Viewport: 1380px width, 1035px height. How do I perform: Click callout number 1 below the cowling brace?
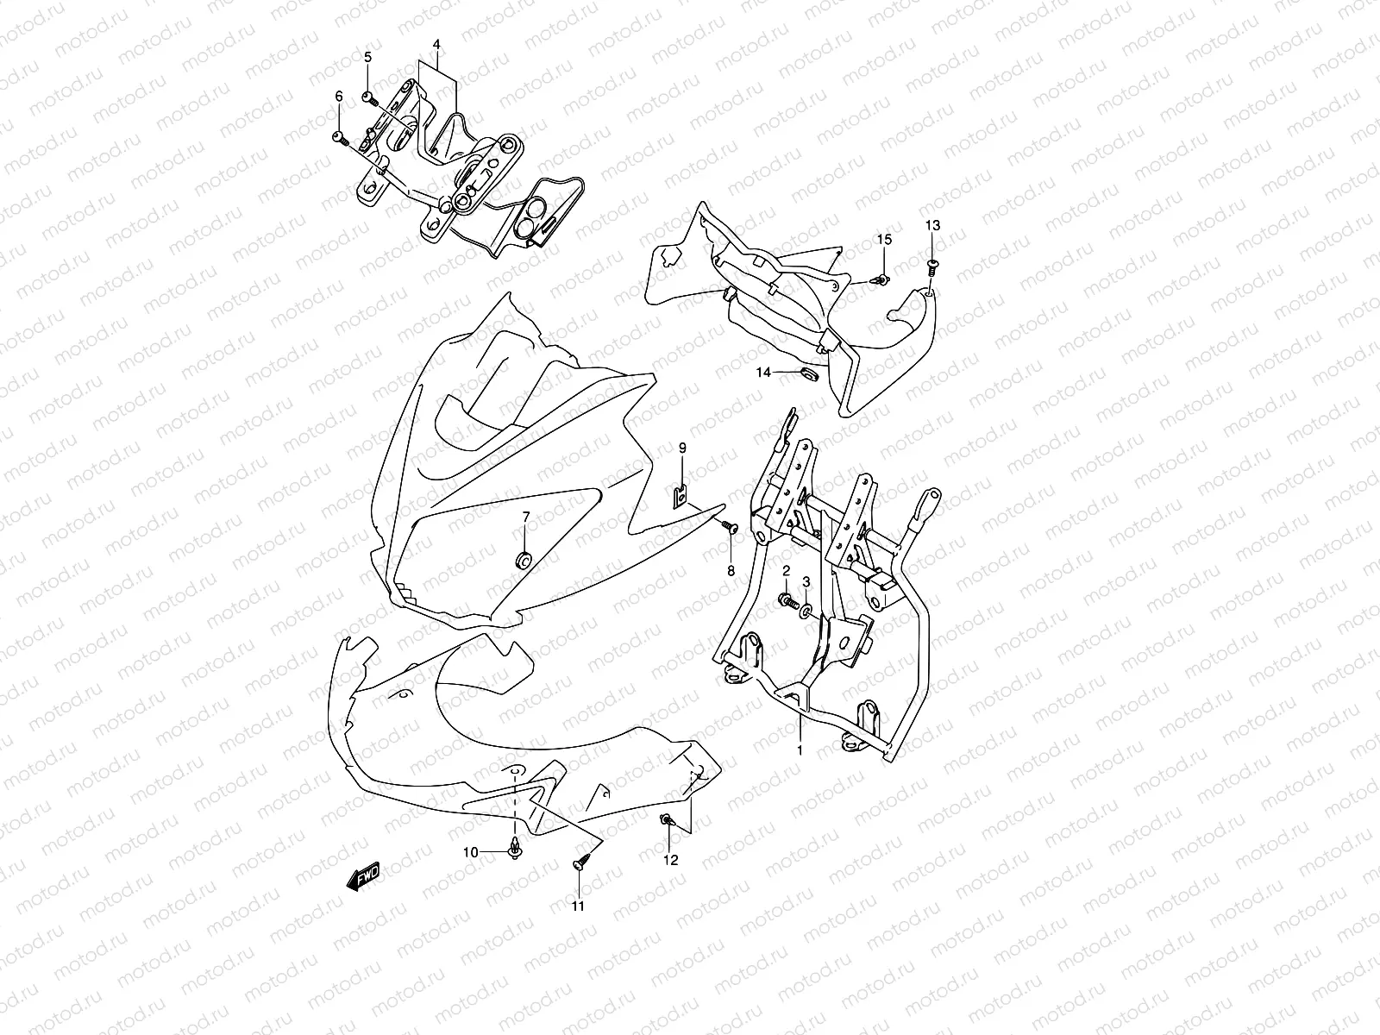coord(800,750)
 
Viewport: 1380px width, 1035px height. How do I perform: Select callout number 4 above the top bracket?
coord(436,44)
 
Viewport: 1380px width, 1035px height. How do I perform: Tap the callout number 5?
coord(367,57)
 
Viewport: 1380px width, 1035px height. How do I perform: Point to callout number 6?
coord(339,96)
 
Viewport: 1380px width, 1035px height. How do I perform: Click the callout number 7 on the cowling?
coord(525,517)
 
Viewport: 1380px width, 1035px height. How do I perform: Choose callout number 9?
coord(681,448)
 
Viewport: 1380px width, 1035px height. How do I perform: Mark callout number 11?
coord(578,906)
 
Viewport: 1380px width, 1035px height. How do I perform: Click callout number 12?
coord(670,859)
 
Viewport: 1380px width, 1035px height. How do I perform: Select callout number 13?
coord(933,226)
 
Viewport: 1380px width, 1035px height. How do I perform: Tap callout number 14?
coord(764,373)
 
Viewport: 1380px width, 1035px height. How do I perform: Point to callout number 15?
coord(884,239)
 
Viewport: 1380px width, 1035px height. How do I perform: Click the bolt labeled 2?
coord(786,598)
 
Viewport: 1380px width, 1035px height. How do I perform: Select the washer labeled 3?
coord(805,612)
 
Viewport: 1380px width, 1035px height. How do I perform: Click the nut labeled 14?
coord(808,374)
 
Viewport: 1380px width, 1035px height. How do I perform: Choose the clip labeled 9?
coord(681,499)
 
